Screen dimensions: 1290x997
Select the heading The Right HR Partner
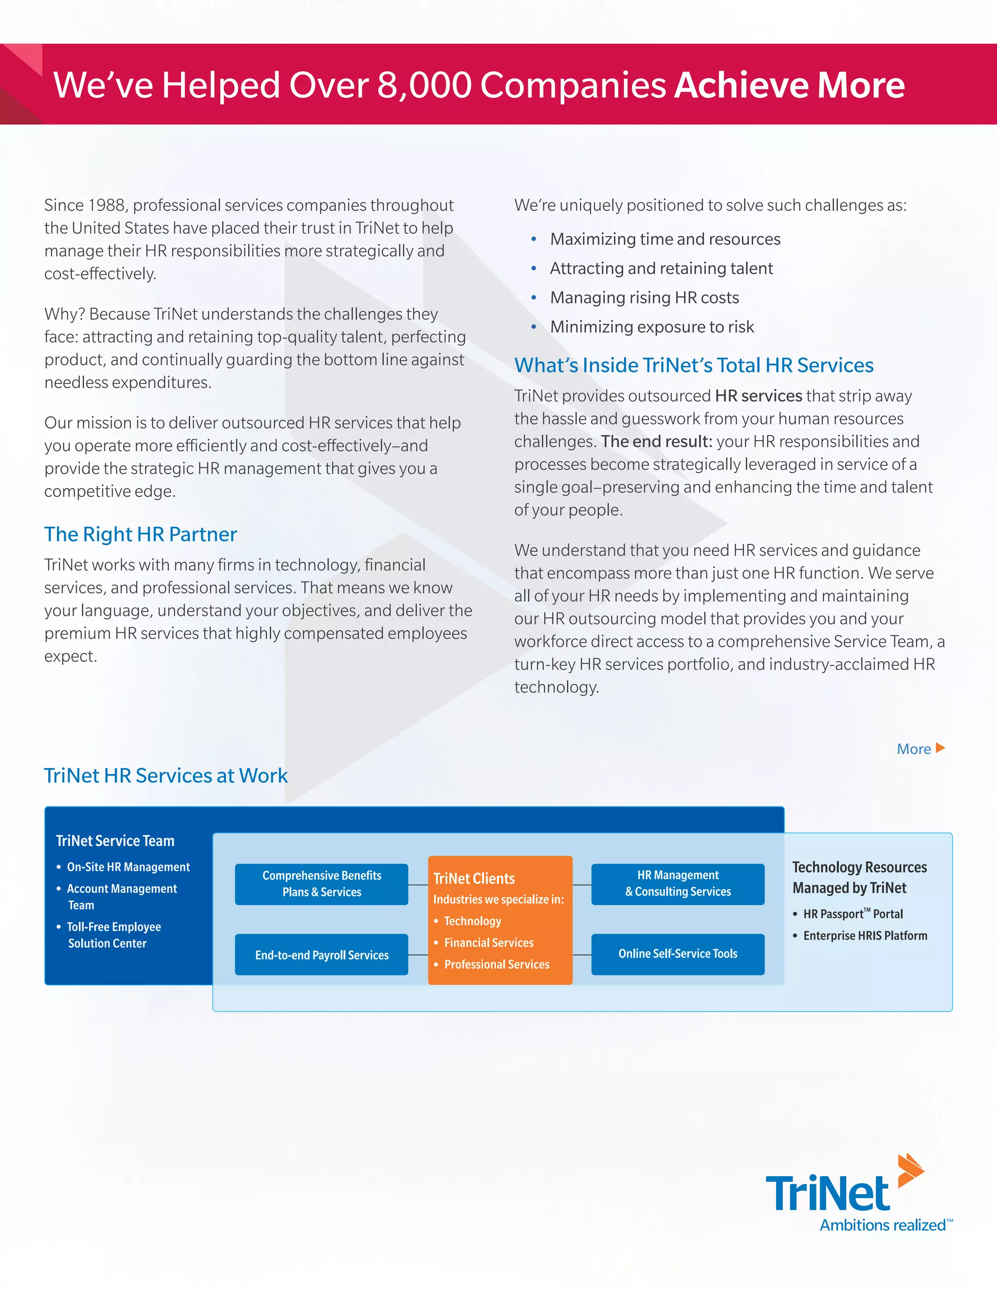tap(141, 534)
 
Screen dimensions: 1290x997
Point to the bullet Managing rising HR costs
tap(645, 298)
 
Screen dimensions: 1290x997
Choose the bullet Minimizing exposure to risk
tap(651, 327)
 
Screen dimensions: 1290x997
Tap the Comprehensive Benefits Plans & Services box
tap(321, 884)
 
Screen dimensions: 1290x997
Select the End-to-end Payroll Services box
tap(321, 955)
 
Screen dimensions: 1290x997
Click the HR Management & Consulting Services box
tap(678, 884)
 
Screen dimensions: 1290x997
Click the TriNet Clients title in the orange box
tap(474, 878)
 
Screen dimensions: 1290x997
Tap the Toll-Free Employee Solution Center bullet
tap(113, 935)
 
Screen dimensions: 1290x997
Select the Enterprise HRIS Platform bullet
tap(865, 936)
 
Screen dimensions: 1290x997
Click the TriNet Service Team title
tap(115, 841)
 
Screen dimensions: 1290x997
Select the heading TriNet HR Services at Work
tap(166, 775)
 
